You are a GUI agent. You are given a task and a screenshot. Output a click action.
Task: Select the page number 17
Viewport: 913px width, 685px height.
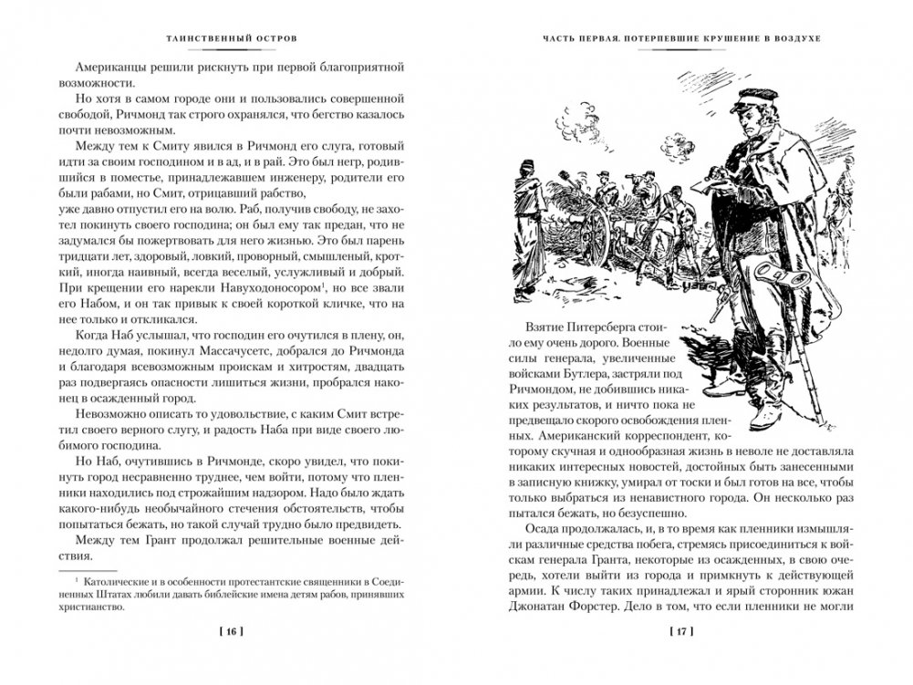[x=683, y=629]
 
